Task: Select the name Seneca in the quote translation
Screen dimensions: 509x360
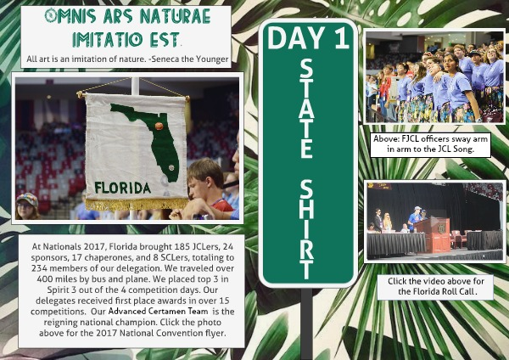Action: [x=165, y=59]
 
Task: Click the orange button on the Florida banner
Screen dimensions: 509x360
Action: [x=159, y=126]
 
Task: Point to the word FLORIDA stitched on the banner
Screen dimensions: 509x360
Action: [x=123, y=188]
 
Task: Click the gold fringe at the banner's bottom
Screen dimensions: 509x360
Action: [x=137, y=204]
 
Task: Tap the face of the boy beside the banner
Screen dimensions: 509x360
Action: [x=197, y=188]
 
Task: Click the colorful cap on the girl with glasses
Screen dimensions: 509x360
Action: [x=27, y=198]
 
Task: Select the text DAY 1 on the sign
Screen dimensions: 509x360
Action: [x=308, y=37]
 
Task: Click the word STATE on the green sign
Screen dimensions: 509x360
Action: [x=306, y=109]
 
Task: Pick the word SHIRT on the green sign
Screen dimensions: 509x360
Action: [x=306, y=229]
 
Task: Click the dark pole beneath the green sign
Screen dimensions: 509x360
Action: [x=306, y=323]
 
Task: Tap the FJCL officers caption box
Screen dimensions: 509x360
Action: [x=430, y=144]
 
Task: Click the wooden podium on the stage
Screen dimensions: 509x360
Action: [x=432, y=234]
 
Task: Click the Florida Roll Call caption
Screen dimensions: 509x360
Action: [x=435, y=286]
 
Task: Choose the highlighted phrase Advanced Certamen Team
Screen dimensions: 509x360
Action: [x=158, y=312]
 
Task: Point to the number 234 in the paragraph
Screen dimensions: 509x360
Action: [x=39, y=268]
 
